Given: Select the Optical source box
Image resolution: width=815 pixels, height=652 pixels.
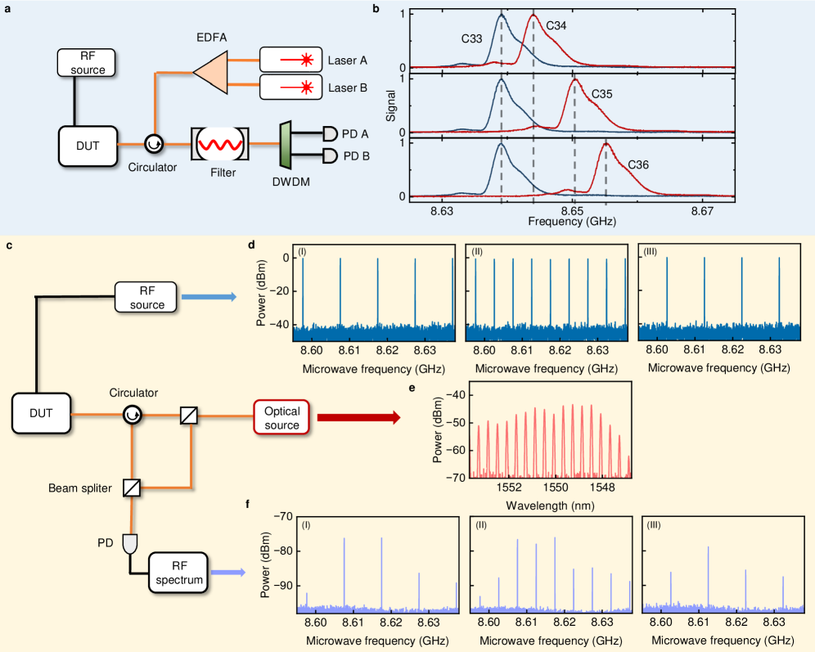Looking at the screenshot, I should point(281,417).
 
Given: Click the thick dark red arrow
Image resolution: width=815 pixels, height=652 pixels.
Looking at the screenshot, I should point(358,418).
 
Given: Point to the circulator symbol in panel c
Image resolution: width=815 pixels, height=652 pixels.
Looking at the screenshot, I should point(133,417).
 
